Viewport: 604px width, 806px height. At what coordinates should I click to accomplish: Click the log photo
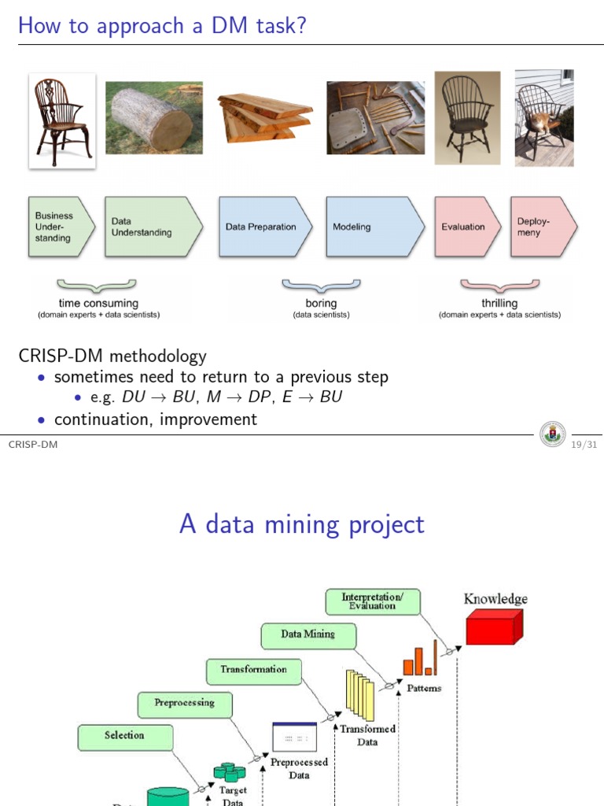click(x=153, y=118)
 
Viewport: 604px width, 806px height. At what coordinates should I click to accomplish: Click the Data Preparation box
click(x=263, y=227)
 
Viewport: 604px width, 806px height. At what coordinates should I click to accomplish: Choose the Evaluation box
click(x=466, y=227)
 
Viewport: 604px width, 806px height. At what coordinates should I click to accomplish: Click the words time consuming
click(x=98, y=303)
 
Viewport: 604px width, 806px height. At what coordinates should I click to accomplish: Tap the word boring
click(x=321, y=303)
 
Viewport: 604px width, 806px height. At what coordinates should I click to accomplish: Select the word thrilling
click(x=499, y=303)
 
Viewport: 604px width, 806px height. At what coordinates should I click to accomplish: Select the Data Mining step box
click(x=308, y=634)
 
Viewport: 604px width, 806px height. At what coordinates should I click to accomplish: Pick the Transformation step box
click(x=253, y=670)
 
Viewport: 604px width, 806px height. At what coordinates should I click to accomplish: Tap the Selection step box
click(x=124, y=736)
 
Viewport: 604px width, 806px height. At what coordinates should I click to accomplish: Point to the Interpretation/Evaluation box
click(x=373, y=602)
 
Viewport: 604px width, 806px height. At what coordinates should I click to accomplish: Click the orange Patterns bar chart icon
click(x=420, y=661)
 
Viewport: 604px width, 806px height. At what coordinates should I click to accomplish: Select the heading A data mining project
click(x=302, y=523)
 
